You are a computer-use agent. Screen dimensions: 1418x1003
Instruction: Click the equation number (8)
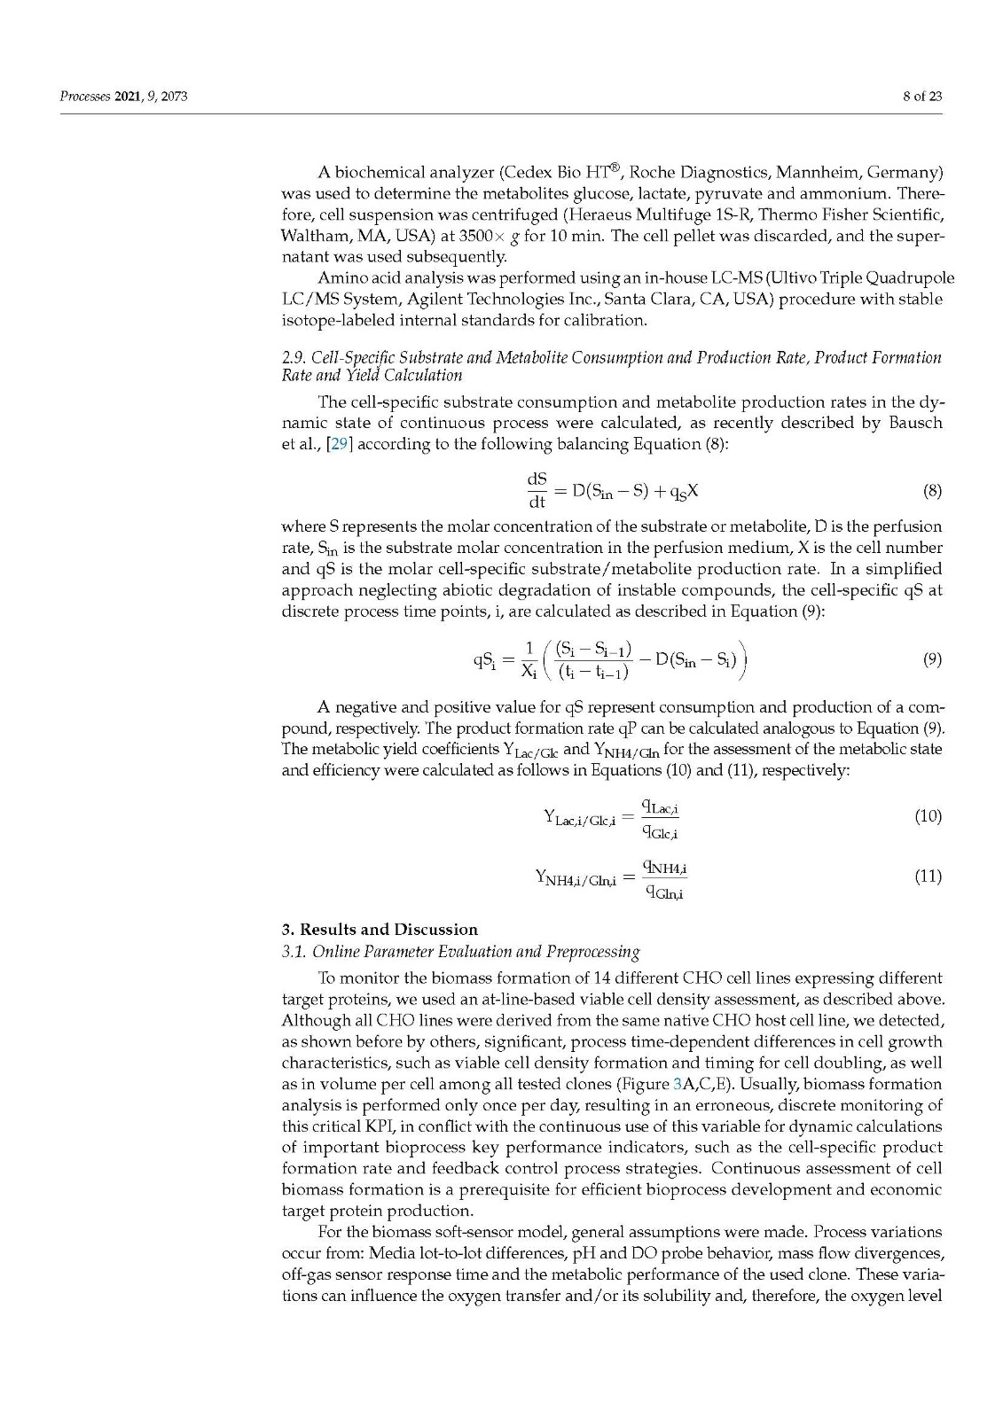point(931,490)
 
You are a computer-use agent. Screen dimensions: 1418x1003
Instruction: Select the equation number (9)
point(931,659)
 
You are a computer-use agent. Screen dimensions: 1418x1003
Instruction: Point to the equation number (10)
point(928,816)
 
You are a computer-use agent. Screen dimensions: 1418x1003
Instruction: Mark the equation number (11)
point(928,877)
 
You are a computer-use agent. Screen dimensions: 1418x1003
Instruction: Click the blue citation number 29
point(339,444)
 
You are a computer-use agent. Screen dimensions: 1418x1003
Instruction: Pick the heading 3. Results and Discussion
point(380,930)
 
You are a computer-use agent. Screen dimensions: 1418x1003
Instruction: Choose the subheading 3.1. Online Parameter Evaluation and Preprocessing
point(460,952)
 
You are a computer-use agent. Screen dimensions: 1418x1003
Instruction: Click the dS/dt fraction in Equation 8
point(537,490)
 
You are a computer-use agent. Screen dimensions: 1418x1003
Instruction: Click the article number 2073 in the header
point(172,97)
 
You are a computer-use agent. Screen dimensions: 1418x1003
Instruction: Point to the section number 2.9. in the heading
point(294,358)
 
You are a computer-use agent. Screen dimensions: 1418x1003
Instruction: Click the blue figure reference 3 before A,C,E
point(678,1084)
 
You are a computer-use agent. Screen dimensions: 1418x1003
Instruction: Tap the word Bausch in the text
point(913,423)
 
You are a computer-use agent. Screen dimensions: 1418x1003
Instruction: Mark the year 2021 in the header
point(129,97)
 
